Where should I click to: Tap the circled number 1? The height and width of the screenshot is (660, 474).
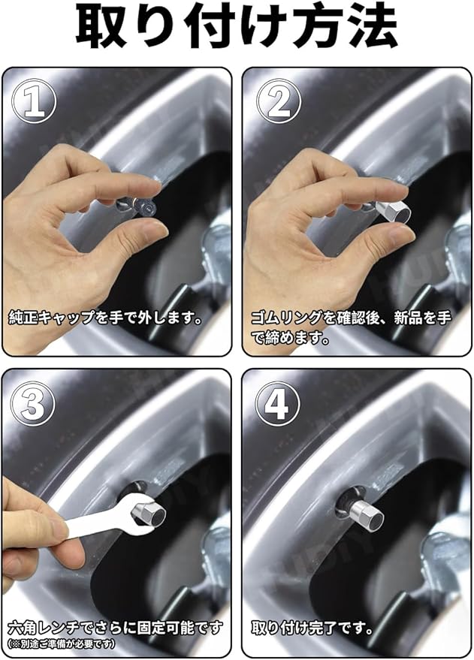click(34, 101)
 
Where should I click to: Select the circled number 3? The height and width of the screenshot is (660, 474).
click(33, 404)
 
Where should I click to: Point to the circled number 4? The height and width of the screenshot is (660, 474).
click(278, 404)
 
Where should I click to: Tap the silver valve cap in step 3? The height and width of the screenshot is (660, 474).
click(149, 514)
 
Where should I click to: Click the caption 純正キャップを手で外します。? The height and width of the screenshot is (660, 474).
click(104, 318)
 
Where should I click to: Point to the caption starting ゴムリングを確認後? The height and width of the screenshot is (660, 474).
click(350, 327)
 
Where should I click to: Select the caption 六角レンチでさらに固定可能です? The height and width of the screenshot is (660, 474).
click(114, 629)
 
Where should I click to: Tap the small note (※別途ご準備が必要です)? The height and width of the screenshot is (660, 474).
click(61, 644)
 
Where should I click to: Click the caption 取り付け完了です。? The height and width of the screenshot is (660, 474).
click(312, 629)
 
